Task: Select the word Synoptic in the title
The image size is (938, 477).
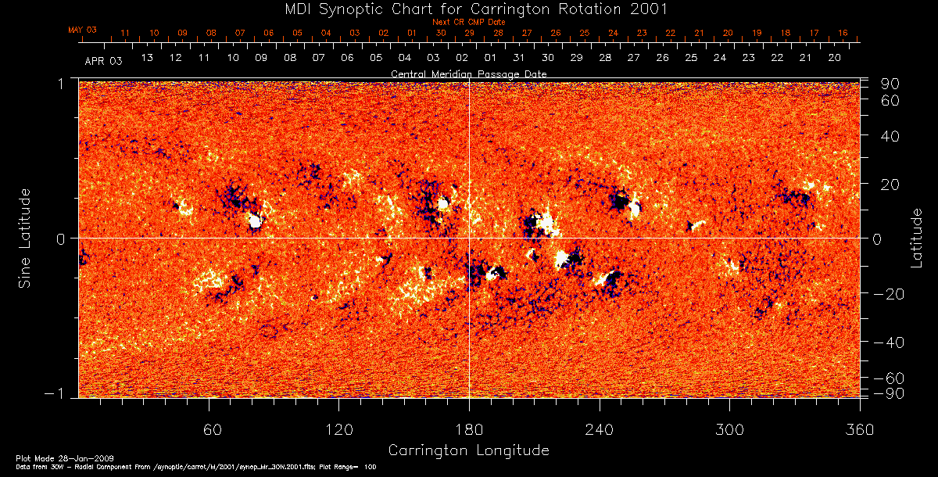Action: (347, 9)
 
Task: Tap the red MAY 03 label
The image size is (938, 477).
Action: (82, 30)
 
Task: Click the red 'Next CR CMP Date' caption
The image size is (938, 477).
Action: (469, 23)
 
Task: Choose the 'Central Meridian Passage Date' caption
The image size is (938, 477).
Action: (469, 74)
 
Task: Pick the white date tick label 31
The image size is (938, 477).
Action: (519, 59)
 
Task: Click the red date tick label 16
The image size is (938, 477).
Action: (843, 34)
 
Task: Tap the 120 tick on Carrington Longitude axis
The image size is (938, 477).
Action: (339, 429)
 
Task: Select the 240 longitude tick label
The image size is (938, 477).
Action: (600, 429)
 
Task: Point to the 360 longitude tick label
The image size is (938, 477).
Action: (860, 429)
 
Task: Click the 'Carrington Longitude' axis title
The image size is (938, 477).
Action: (469, 450)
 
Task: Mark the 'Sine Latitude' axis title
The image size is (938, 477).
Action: (25, 238)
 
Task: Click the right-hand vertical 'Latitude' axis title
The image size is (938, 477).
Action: (917, 238)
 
